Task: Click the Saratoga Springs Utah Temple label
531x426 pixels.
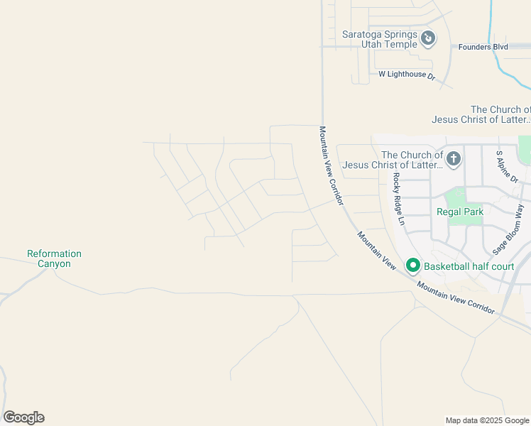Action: tap(379, 38)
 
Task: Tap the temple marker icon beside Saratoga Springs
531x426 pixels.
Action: tap(428, 38)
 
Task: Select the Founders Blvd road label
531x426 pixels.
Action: tap(483, 47)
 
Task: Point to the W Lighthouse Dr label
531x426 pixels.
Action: tap(406, 74)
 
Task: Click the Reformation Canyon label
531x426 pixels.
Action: tap(54, 258)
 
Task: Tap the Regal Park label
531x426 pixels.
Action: tap(459, 212)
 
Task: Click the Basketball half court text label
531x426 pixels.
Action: tap(469, 266)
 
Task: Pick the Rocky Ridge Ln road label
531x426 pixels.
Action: tap(398, 199)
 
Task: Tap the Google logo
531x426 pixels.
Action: tap(23, 417)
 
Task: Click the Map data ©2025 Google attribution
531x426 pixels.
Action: tap(487, 420)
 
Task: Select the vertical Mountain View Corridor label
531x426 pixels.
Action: tap(332, 166)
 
